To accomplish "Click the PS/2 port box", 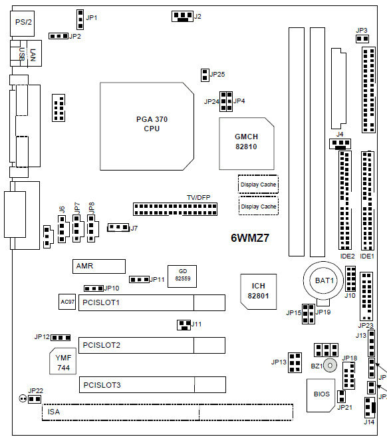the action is click(23, 23).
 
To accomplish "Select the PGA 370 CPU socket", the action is click(147, 127).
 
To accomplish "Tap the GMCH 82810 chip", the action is click(247, 144).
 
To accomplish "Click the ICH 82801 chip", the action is click(259, 292).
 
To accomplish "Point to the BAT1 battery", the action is click(324, 280).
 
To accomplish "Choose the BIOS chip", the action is click(321, 395).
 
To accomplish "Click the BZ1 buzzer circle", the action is click(330, 365).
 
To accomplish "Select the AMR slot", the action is click(99, 266).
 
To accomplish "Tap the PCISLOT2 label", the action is click(102, 345).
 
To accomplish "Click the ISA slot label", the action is click(54, 412).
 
